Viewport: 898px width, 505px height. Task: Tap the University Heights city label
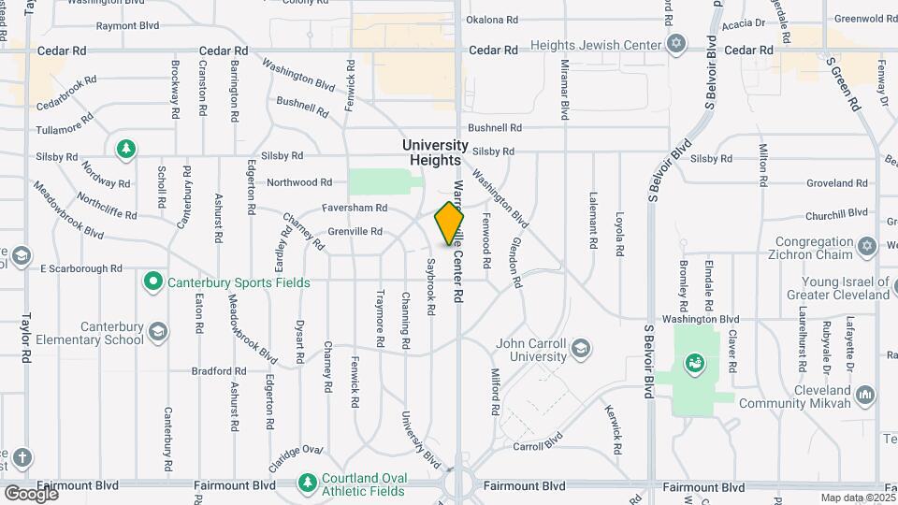pyautogui.click(x=435, y=152)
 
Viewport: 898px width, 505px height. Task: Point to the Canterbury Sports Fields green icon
pyautogui.click(x=152, y=281)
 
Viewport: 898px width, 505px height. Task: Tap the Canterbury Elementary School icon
pyautogui.click(x=159, y=331)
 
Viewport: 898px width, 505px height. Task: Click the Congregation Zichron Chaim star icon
pyautogui.click(x=866, y=246)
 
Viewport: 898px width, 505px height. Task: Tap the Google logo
pyautogui.click(x=31, y=493)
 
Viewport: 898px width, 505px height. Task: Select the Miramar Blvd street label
pyautogui.click(x=564, y=90)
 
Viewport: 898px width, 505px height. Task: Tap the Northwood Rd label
pyautogui.click(x=299, y=182)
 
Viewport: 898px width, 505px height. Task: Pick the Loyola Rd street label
pyautogui.click(x=619, y=227)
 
